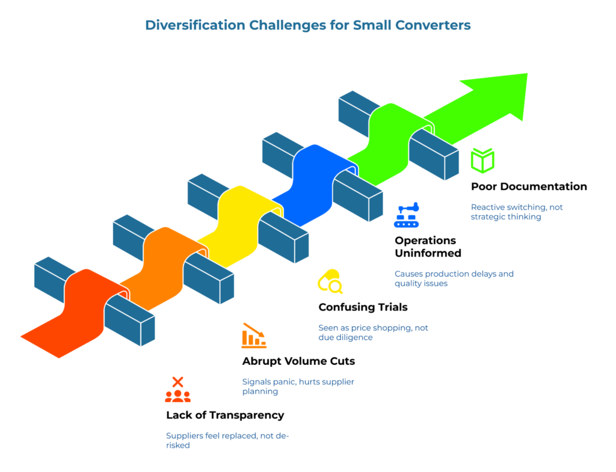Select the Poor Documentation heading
click(529, 186)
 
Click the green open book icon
click(482, 161)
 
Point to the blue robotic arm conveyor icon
click(407, 215)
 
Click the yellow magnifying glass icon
click(330, 281)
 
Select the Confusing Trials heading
click(363, 307)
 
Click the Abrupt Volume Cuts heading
click(298, 361)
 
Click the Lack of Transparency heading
click(225, 415)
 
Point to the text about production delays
click(454, 278)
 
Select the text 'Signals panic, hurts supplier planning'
click(298, 387)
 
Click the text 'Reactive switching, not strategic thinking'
click(516, 212)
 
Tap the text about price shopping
click(373, 333)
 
